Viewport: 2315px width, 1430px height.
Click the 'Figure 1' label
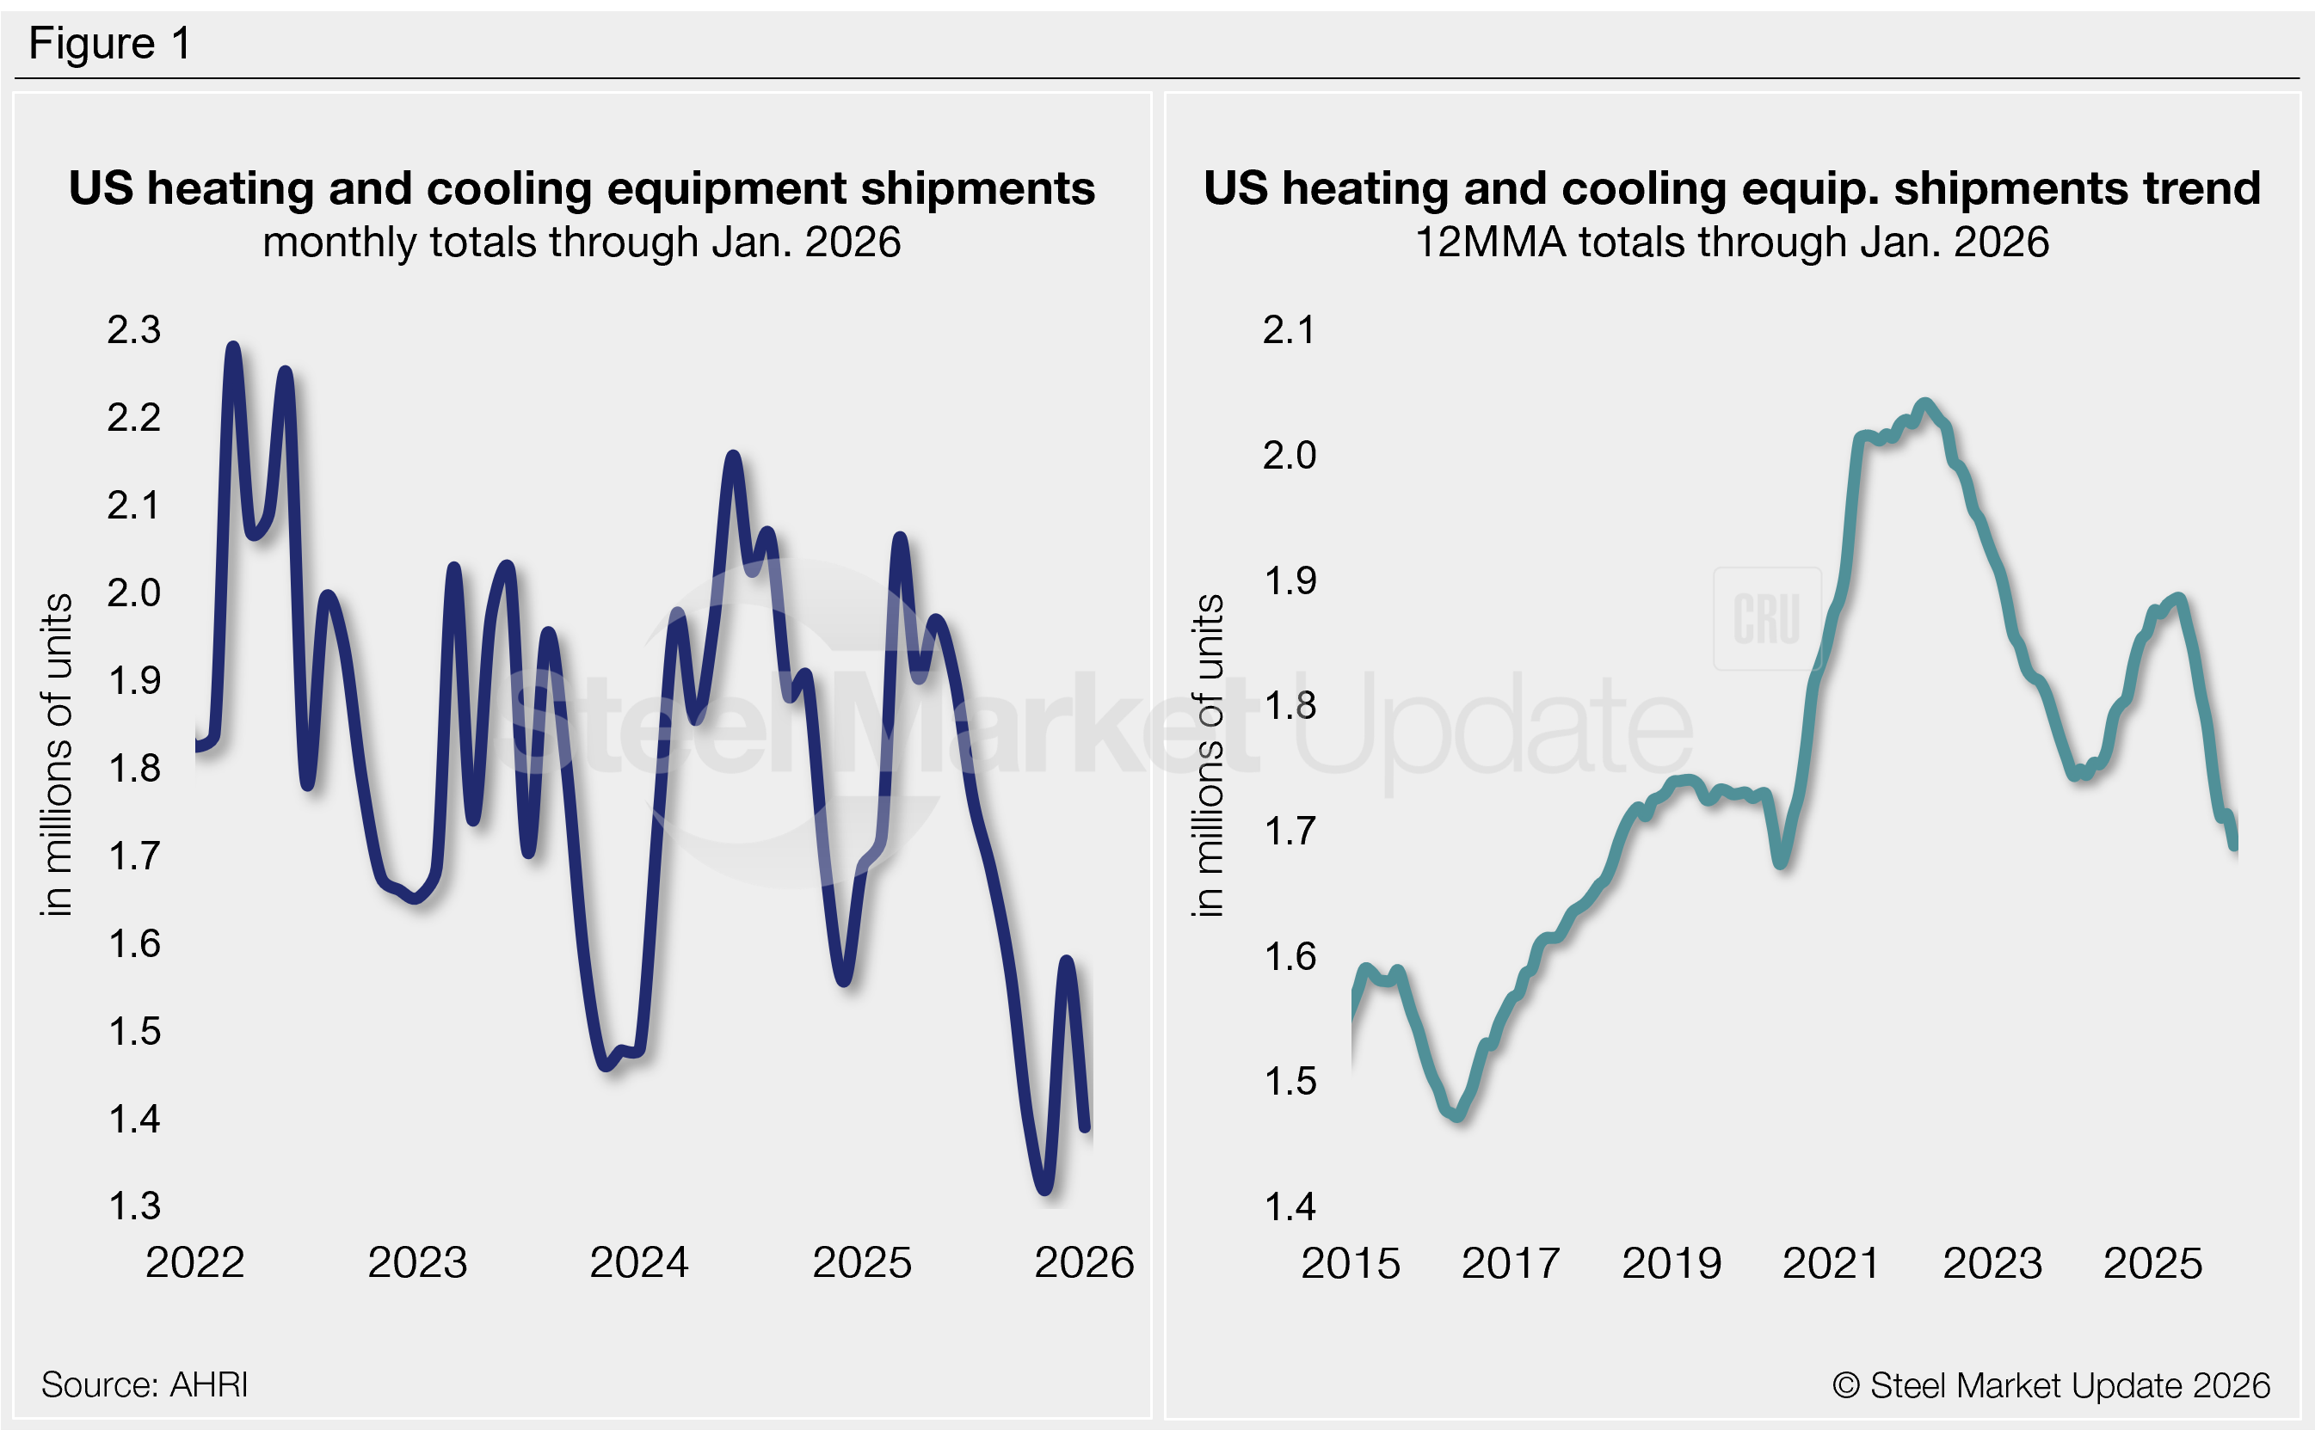click(110, 44)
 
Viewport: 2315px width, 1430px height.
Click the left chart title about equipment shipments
click(581, 187)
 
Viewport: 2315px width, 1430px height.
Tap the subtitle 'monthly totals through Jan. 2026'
click(581, 242)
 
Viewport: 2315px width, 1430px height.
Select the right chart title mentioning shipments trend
click(1731, 187)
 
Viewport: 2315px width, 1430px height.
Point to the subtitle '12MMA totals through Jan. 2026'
click(1731, 242)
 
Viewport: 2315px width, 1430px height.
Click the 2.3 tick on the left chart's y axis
click(133, 329)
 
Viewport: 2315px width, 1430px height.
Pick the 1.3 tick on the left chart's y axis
click(133, 1206)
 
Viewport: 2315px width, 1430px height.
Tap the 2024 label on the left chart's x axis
click(639, 1262)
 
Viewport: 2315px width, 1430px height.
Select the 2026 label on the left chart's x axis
click(1083, 1262)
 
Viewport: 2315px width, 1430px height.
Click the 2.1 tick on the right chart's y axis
click(1289, 329)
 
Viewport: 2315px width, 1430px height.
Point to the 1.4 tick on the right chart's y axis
click(1289, 1206)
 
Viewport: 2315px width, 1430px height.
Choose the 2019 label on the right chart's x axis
click(1672, 1263)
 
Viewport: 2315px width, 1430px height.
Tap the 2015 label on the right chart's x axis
click(1350, 1263)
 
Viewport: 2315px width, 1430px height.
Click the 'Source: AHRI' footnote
click(145, 1384)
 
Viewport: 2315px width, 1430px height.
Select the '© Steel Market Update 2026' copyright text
click(2051, 1385)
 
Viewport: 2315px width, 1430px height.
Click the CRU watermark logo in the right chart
click(1766, 618)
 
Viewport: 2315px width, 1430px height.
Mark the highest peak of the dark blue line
click(233, 348)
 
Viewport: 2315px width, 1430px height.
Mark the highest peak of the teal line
click(1924, 405)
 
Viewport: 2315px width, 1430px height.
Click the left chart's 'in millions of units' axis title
click(57, 755)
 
